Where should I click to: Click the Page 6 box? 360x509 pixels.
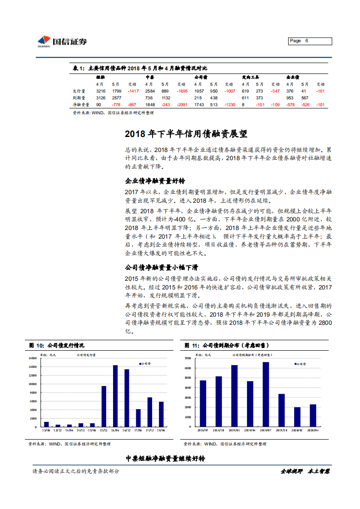310,41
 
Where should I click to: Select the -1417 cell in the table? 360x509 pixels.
133,91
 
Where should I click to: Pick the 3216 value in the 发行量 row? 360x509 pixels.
101,91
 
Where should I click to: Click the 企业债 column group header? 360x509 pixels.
292,77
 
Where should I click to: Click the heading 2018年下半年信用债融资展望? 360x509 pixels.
186,134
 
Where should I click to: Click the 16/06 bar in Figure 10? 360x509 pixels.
115,396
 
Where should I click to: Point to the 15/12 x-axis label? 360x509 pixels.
104,430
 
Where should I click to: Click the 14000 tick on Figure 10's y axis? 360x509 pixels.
32,358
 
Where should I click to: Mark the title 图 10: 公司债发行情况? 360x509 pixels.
57,346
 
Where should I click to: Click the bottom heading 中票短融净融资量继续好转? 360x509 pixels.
165,459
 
